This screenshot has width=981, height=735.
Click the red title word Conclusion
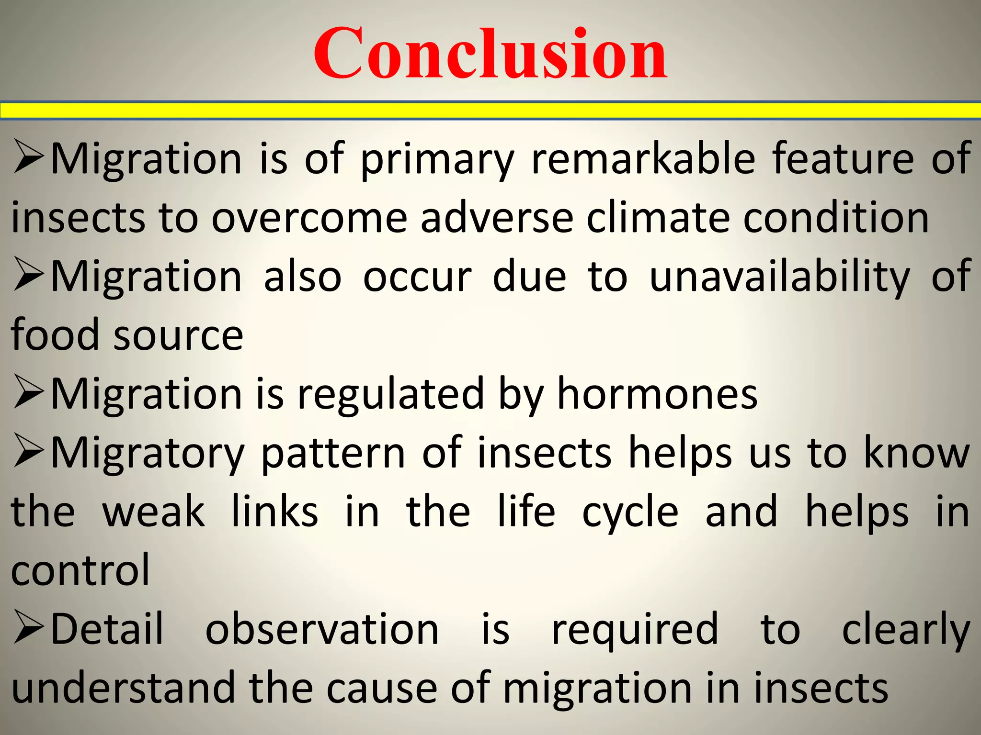(x=490, y=54)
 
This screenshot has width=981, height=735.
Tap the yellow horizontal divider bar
(x=490, y=111)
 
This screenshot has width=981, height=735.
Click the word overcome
(x=309, y=218)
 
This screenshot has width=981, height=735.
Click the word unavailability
(x=779, y=277)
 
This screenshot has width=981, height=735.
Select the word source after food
(x=179, y=335)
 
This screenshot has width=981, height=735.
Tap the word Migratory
(x=148, y=454)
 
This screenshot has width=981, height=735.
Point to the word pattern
(x=333, y=454)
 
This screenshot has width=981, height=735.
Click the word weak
(x=154, y=512)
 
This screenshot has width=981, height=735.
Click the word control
(x=80, y=570)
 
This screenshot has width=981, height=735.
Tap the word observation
(x=322, y=629)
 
